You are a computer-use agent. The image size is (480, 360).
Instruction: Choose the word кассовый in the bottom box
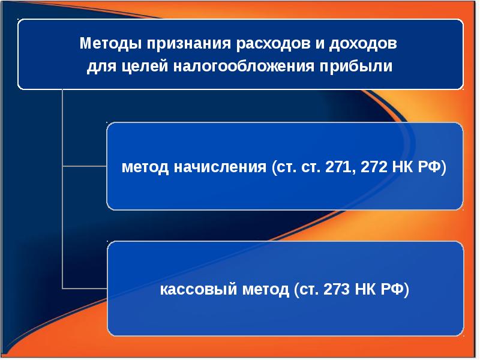(x=191, y=290)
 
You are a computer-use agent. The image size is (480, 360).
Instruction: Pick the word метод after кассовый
(x=259, y=290)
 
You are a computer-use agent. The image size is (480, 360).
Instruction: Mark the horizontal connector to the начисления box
(x=85, y=166)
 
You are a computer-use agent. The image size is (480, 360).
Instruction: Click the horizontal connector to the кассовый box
(x=85, y=288)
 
